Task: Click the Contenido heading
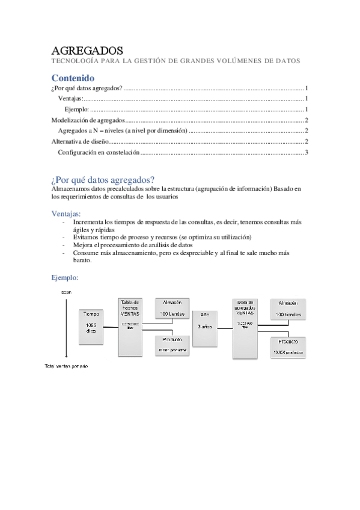click(73, 78)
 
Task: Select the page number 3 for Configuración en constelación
click(307, 153)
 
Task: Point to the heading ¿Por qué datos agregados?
click(103, 180)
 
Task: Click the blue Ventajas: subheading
click(67, 213)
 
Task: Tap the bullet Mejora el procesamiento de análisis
click(132, 245)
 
